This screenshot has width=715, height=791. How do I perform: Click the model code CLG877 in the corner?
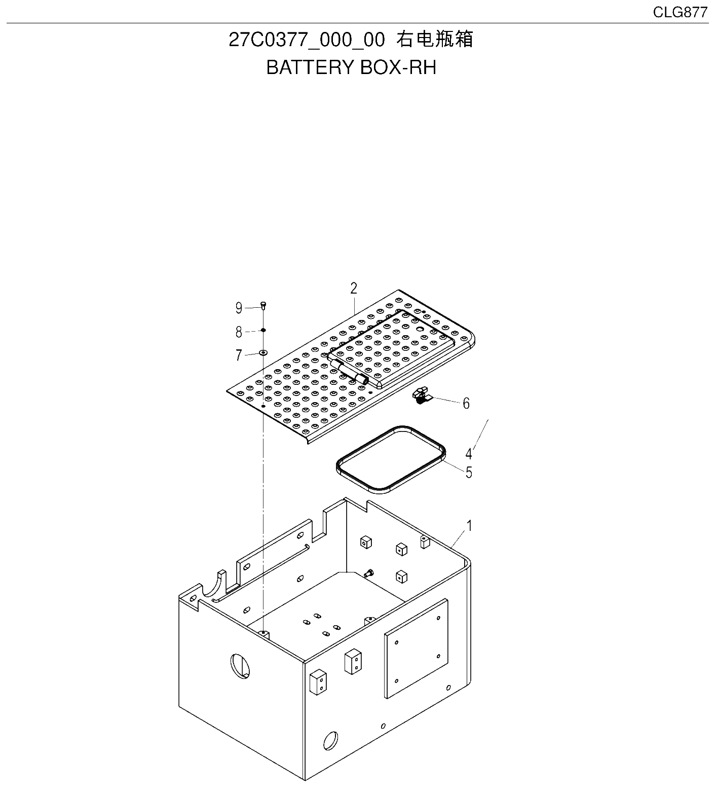680,13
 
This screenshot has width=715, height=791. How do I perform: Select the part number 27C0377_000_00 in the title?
307,40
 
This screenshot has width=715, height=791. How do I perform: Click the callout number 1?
469,526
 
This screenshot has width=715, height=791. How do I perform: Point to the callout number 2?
354,288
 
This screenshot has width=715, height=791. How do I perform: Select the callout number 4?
469,453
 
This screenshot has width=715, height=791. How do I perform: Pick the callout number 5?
469,472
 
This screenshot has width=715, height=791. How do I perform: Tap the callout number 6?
466,404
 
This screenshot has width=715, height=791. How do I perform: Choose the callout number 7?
239,355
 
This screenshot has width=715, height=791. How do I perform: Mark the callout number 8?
239,332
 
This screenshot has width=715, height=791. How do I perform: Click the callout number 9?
239,308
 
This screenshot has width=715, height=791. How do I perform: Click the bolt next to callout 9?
264,304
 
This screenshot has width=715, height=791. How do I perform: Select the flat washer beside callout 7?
263,351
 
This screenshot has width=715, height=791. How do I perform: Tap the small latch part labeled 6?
422,396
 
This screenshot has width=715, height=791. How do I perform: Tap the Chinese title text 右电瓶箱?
435,40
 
